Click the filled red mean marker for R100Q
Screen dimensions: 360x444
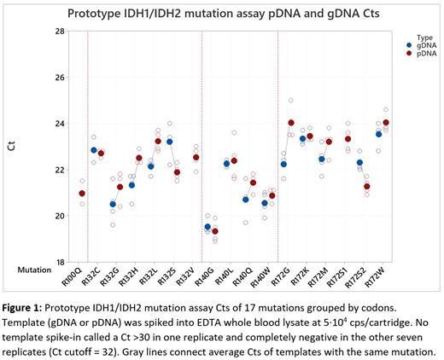coord(82,194)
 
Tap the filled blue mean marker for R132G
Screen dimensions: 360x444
coord(113,204)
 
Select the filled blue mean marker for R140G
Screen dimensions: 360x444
coord(207,227)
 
